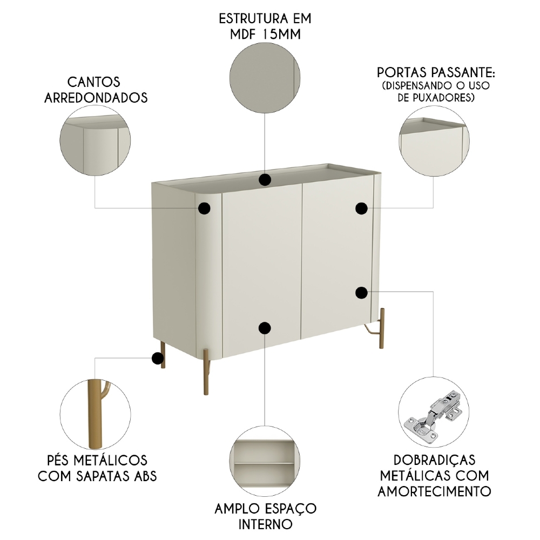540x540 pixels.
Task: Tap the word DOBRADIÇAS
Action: (x=434, y=460)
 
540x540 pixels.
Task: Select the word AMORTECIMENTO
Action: (x=434, y=491)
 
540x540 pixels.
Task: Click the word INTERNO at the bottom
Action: (x=265, y=524)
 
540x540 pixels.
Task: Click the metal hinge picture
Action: (x=434, y=414)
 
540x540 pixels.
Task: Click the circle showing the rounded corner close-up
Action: (x=95, y=139)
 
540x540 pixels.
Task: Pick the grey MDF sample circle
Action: (x=265, y=78)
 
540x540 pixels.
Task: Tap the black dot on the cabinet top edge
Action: (x=265, y=180)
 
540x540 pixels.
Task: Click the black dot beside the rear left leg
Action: (x=158, y=358)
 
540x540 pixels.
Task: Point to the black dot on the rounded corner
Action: (x=204, y=208)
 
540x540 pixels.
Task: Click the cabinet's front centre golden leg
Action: (x=205, y=373)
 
